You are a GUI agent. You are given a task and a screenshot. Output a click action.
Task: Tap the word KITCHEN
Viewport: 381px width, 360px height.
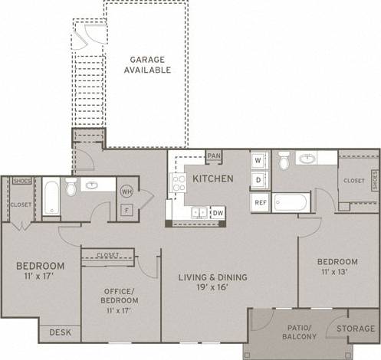214,178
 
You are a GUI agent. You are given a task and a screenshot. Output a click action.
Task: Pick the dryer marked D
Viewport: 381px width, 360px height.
259,179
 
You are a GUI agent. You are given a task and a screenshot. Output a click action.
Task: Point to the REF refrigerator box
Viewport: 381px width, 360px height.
260,202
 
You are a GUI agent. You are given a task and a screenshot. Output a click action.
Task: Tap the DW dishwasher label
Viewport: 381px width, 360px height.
218,212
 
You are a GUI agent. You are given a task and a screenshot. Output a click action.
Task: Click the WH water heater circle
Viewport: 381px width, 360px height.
126,191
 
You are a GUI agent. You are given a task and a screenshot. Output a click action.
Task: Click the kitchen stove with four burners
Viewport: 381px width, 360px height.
178,183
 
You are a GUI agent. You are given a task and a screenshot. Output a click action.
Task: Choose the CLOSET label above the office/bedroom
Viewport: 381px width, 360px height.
109,255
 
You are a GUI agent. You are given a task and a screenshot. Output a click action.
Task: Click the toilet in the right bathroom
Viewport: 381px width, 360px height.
284,161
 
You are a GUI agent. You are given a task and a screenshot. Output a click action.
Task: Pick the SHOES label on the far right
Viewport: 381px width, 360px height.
375,181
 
